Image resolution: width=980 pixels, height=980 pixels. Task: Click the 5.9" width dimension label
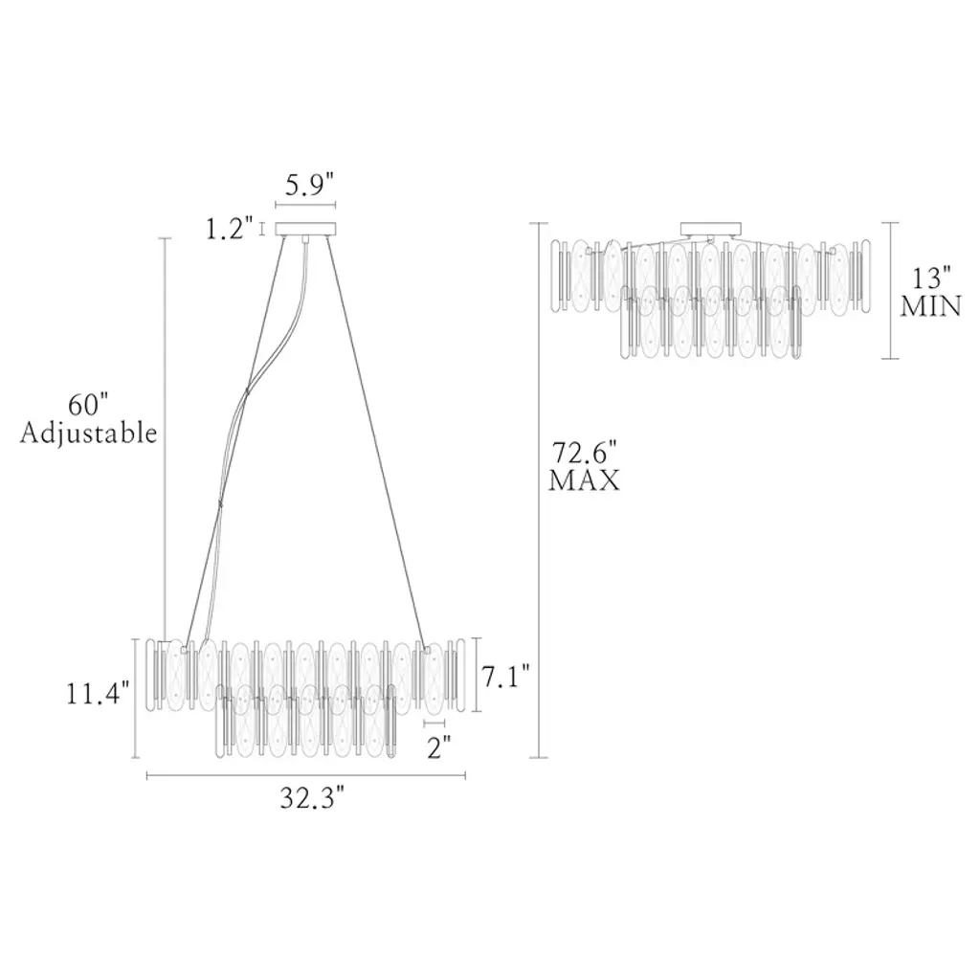tap(309, 186)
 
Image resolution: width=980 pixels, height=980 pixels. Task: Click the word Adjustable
tap(88, 434)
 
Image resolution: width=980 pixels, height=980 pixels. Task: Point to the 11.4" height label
tap(99, 694)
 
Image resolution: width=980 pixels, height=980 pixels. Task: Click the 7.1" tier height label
tap(505, 677)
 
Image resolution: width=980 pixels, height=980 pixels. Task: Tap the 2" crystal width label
tap(438, 747)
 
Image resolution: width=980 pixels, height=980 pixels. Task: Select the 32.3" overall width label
tap(312, 798)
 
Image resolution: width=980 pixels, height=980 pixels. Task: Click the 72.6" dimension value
tap(585, 452)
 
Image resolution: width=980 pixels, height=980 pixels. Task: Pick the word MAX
tap(585, 480)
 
